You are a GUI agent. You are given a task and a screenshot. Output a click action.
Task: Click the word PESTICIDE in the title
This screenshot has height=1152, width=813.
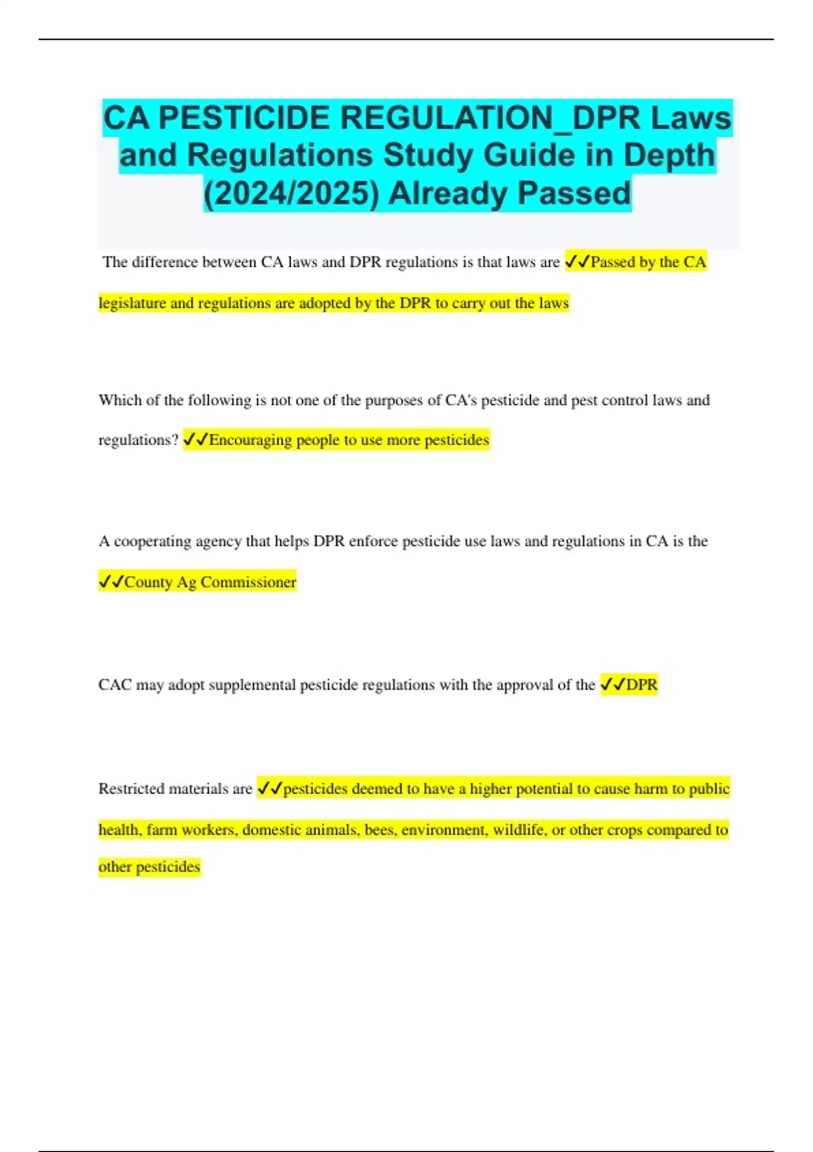pyautogui.click(x=245, y=118)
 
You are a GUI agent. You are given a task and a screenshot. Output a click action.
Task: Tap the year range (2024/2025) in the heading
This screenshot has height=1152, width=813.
pyautogui.click(x=291, y=193)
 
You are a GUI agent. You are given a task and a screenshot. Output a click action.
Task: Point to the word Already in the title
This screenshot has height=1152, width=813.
pyautogui.click(x=448, y=193)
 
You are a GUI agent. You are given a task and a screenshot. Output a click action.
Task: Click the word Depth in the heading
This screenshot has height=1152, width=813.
pyautogui.click(x=669, y=155)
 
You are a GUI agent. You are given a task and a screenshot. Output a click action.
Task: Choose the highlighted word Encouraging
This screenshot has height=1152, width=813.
pyautogui.click(x=251, y=440)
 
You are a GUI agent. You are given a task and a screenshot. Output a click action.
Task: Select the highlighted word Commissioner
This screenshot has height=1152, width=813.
pyautogui.click(x=249, y=582)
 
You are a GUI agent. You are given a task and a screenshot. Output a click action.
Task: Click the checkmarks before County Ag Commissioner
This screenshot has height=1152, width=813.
pyautogui.click(x=111, y=582)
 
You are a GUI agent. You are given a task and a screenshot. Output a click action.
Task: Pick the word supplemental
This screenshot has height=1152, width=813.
pyautogui.click(x=251, y=685)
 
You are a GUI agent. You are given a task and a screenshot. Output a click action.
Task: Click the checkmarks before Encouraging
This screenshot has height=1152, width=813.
pyautogui.click(x=196, y=440)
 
